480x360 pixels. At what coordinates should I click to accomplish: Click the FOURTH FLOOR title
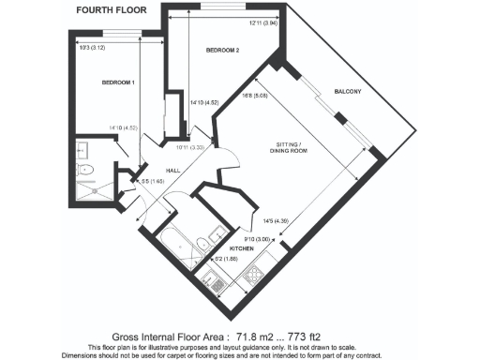[104, 10]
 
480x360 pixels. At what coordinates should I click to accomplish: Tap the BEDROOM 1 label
[119, 82]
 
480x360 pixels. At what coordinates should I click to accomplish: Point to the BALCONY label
[350, 91]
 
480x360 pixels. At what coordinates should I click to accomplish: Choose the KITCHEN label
[242, 249]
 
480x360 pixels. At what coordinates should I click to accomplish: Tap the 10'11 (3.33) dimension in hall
[190, 147]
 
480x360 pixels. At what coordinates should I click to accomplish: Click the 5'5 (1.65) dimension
[140, 182]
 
